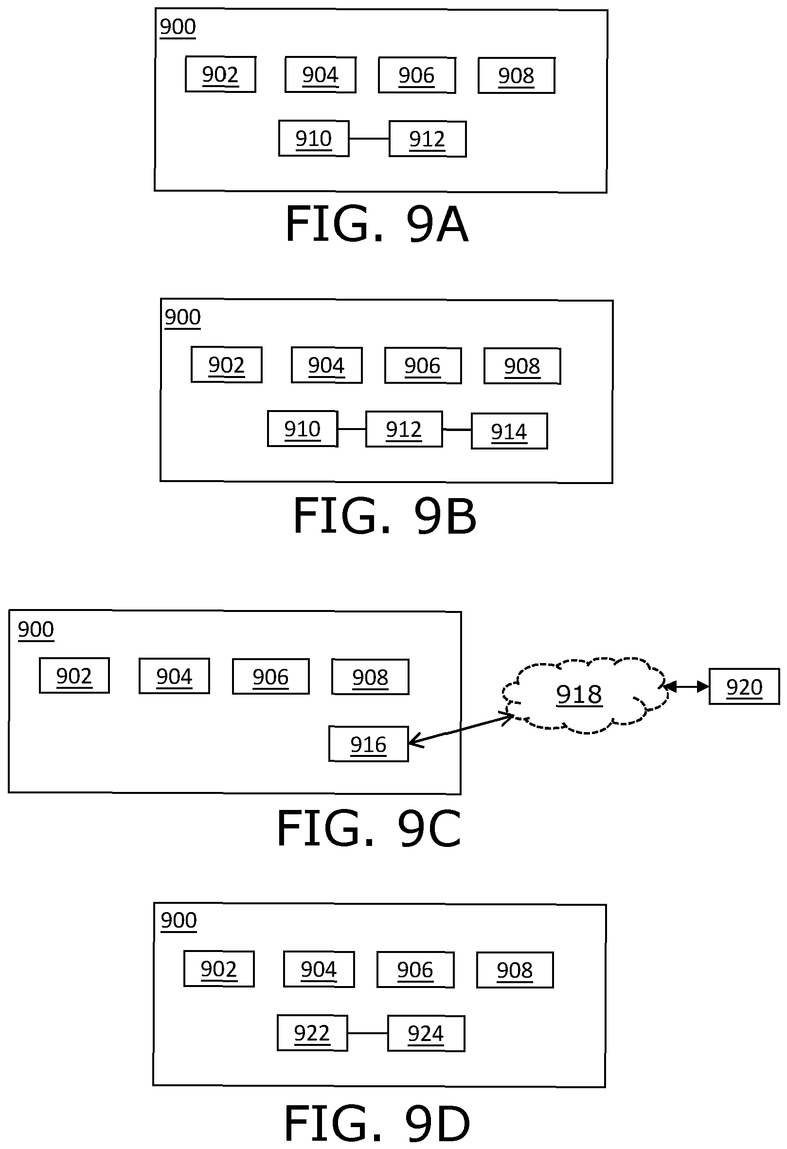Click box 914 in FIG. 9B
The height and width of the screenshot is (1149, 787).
[509, 431]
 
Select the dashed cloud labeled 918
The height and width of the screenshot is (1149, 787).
[585, 695]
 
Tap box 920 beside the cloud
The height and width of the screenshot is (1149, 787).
[744, 686]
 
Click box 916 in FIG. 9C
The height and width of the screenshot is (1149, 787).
[368, 744]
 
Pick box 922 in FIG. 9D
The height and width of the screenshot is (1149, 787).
[312, 1033]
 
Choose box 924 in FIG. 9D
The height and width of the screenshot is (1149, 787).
[426, 1033]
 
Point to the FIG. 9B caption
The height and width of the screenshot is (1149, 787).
[385, 516]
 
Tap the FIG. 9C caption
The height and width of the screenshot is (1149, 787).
[369, 828]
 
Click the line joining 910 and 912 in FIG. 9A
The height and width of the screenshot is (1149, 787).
[369, 139]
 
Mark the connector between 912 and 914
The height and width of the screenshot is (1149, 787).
[457, 430]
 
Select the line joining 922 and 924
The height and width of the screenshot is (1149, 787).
[367, 1033]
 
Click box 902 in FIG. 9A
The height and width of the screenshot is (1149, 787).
[220, 74]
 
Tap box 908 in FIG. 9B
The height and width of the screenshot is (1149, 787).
[522, 366]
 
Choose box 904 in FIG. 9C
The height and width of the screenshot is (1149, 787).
[174, 676]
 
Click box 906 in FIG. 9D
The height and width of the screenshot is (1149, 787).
[415, 969]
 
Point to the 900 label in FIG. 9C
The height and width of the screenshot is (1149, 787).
[36, 630]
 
